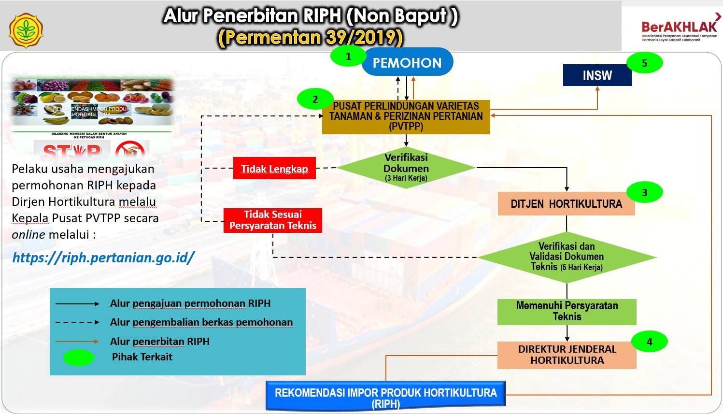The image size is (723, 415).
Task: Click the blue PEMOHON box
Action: click(407, 62)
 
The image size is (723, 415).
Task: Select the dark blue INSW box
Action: click(597, 76)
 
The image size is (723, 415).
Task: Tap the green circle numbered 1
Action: click(348, 57)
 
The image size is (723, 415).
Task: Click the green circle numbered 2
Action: click(315, 100)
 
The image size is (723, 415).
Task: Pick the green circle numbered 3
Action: click(644, 193)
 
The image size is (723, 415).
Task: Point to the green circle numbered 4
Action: click(649, 342)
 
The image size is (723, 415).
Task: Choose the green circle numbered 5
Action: click(644, 63)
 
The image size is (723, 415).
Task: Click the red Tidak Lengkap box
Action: click(274, 169)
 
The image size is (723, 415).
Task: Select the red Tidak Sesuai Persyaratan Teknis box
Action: click(273, 220)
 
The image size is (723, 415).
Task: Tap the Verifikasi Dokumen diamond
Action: click(406, 168)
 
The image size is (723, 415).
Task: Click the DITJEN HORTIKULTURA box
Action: click(566, 204)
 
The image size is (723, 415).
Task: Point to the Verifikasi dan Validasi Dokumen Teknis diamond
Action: click(567, 257)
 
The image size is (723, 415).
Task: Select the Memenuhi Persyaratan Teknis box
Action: click(567, 312)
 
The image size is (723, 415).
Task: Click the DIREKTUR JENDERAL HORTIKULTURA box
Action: click(567, 355)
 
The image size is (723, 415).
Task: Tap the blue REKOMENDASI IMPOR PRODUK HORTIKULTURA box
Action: click(385, 397)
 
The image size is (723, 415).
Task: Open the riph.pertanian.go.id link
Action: click(103, 258)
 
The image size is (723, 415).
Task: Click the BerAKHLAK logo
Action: click(679, 29)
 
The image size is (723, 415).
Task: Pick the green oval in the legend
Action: click(78, 358)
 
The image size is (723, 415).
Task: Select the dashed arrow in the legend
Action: click(77, 322)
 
